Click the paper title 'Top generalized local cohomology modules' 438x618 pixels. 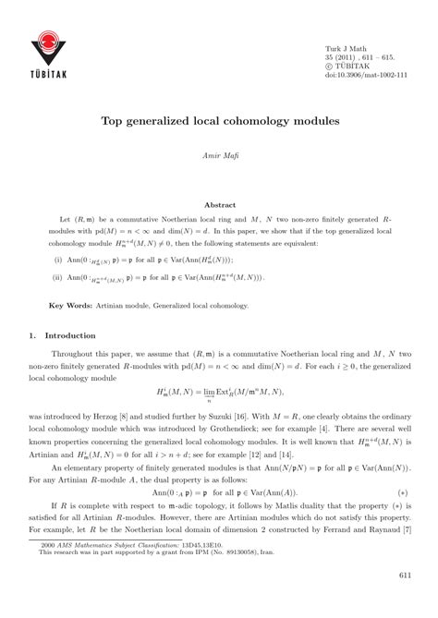click(x=218, y=121)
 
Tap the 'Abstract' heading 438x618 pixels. click(x=219, y=205)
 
